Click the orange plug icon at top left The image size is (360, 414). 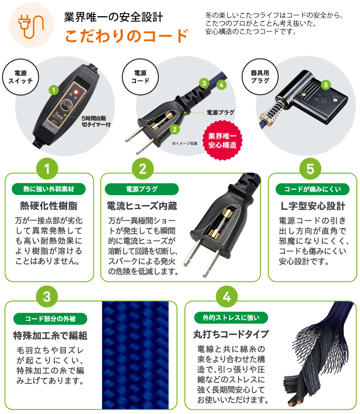coord(28,26)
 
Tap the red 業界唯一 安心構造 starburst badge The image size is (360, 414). coord(222,140)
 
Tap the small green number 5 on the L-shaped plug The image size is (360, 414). coord(326,84)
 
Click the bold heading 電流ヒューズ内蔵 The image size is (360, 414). coord(142,206)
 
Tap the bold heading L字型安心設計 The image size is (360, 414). coord(312,206)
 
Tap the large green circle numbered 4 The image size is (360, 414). coord(227,297)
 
